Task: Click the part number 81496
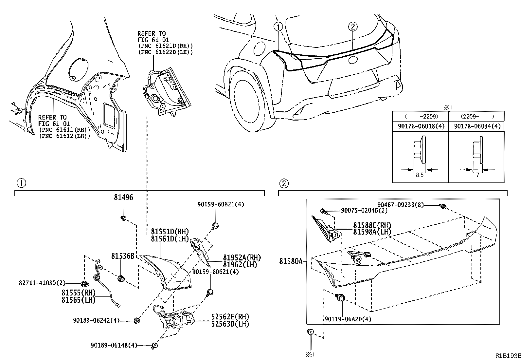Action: tap(123, 198)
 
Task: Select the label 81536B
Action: tap(123, 256)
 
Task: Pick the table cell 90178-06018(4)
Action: tap(420, 126)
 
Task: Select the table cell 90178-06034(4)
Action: tap(476, 126)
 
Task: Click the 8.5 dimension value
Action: tap(420, 175)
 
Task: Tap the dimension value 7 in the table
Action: tap(477, 175)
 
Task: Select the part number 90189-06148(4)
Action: tap(114, 345)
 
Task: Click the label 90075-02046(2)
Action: tap(364, 211)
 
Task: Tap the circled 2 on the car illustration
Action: tap(352, 27)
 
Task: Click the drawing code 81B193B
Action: tap(507, 356)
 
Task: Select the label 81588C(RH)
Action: tap(372, 225)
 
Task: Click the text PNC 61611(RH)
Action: tap(64, 130)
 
